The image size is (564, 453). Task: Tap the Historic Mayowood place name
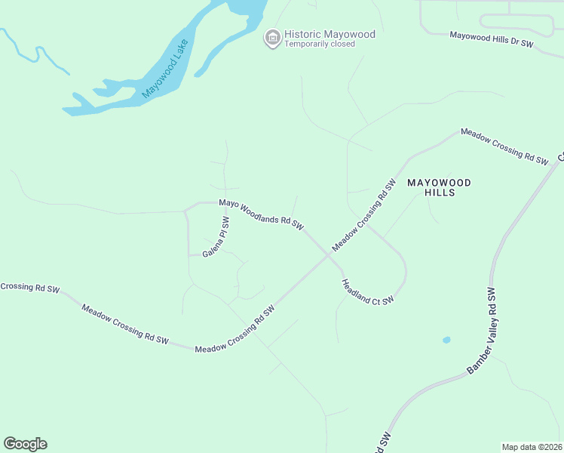click(330, 34)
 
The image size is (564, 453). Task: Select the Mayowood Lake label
click(166, 69)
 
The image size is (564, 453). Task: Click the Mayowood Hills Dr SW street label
click(491, 39)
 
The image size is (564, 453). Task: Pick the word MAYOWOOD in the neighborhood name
click(439, 183)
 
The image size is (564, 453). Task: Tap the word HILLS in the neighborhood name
click(440, 193)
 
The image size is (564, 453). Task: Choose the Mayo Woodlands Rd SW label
click(261, 214)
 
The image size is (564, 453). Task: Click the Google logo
click(25, 444)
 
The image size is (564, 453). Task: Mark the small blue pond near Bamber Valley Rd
click(446, 340)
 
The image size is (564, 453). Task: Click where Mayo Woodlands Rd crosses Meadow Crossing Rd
click(328, 254)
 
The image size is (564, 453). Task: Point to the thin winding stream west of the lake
click(34, 53)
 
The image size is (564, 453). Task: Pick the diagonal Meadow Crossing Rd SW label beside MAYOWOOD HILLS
click(364, 216)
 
